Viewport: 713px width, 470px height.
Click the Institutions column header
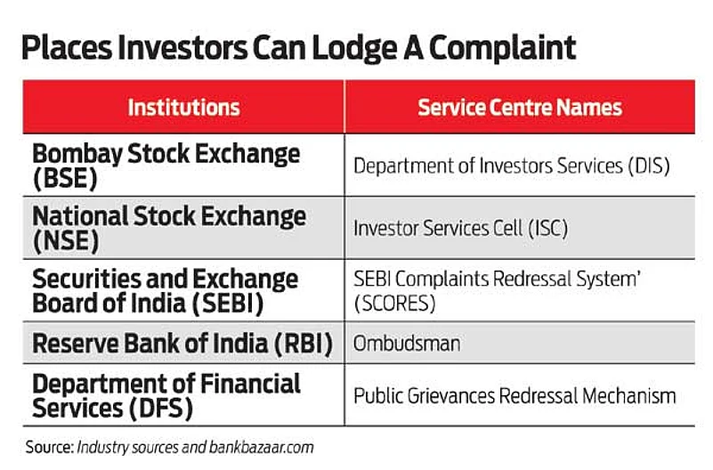[183, 108]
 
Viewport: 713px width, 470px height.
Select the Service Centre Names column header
[520, 108]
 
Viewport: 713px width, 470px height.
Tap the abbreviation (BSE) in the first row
[65, 178]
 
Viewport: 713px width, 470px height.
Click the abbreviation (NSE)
[66, 241]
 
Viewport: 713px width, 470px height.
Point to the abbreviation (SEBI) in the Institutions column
[228, 304]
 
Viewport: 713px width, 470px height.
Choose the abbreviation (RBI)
[304, 344]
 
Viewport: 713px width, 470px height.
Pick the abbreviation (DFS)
[160, 409]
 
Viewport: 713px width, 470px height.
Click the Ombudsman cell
[407, 344]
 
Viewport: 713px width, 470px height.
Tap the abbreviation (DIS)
[649, 166]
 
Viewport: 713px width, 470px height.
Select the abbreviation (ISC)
[548, 228]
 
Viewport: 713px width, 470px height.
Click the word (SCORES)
[394, 304]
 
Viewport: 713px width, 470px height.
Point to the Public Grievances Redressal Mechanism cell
[514, 396]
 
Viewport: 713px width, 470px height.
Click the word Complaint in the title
[502, 48]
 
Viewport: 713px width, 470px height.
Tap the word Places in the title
[67, 48]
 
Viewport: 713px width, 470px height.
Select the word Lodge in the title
[354, 49]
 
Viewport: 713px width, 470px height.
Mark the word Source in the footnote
[50, 447]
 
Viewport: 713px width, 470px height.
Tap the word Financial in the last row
[250, 384]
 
